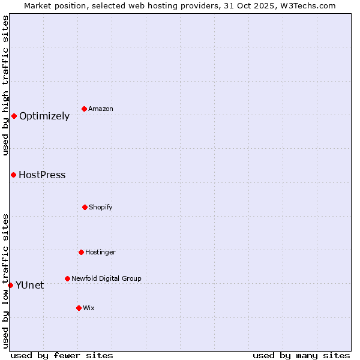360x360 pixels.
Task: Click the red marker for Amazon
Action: tap(85, 109)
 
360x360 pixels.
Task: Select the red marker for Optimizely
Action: tap(14, 116)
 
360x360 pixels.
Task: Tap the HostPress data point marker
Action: tap(13, 175)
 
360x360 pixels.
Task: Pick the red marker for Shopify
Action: tap(85, 207)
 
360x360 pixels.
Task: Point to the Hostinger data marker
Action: tap(81, 252)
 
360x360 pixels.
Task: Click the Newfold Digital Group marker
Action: tap(67, 278)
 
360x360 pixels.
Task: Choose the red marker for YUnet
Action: tap(10, 285)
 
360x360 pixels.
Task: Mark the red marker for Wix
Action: tap(79, 308)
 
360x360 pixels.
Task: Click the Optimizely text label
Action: tap(44, 116)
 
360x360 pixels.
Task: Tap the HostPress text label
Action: tap(42, 175)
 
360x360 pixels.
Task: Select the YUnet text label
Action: tap(29, 286)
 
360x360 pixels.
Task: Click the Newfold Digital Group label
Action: tap(106, 278)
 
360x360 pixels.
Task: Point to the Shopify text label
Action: tap(100, 207)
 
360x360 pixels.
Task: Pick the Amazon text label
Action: tap(101, 109)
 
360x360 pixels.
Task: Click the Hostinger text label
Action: tap(100, 252)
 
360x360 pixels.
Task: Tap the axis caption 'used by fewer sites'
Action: tap(62, 355)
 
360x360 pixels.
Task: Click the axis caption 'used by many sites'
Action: tap(301, 355)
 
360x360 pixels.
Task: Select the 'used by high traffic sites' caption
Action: tap(5, 85)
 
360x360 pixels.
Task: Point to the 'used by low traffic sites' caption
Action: tap(5, 280)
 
